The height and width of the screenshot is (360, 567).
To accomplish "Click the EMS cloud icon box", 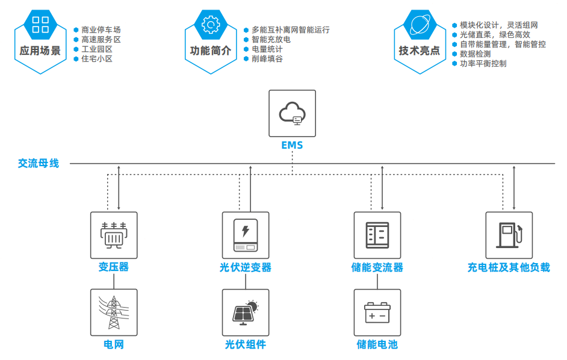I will [x=292, y=113].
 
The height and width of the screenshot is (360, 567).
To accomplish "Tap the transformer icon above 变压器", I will [x=114, y=235].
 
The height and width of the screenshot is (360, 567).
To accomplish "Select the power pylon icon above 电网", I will [x=114, y=312].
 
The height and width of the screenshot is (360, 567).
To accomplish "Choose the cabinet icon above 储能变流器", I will [x=377, y=235].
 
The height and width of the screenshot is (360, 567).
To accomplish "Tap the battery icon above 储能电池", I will [x=377, y=312].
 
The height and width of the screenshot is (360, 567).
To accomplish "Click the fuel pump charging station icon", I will [x=509, y=235].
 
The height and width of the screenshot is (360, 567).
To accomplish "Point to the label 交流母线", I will [x=39, y=163].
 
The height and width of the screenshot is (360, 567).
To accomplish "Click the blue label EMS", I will [x=292, y=146].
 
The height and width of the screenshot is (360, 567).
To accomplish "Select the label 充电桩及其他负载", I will [x=509, y=267].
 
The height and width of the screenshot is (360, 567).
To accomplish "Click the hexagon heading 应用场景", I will [x=40, y=51].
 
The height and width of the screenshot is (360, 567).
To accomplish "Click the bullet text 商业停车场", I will [x=101, y=29].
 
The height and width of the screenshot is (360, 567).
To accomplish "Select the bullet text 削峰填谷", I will [x=267, y=58].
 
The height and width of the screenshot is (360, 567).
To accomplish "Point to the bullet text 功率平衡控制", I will [x=483, y=63].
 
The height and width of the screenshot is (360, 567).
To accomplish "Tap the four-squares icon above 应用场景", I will [x=40, y=25].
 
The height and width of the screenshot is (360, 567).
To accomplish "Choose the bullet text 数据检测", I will [x=476, y=54].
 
